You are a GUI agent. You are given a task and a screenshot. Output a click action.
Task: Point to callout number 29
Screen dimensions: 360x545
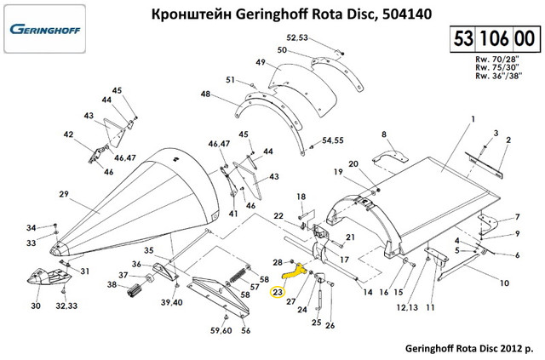pyautogui.click(x=63, y=195)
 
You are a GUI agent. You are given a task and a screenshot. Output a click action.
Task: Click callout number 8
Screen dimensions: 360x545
pyautogui.click(x=383, y=134)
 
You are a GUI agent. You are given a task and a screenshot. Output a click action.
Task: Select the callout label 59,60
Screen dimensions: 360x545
pyautogui.click(x=220, y=330)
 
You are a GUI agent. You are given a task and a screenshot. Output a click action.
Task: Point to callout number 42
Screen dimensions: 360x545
pyautogui.click(x=68, y=134)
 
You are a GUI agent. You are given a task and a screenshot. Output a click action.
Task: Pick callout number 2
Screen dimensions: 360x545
pyautogui.click(x=508, y=140)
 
